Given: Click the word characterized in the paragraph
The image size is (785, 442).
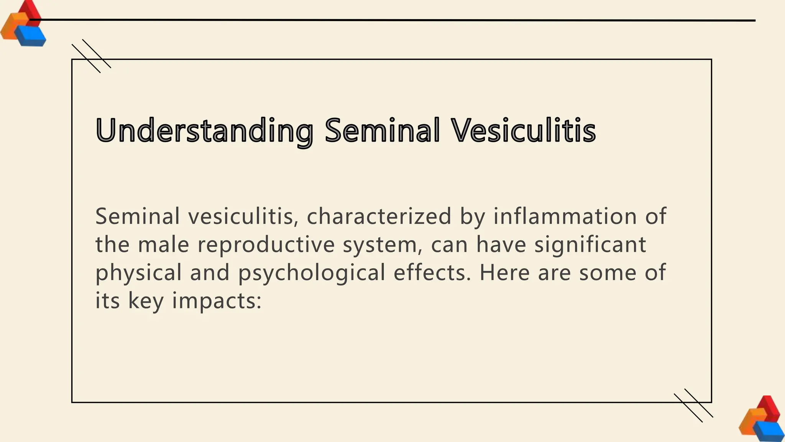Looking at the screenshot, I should pos(379,216).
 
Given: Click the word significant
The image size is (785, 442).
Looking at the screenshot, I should pos(590,244).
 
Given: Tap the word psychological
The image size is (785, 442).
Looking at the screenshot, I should pos(312,273).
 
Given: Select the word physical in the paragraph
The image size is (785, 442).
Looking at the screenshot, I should pos(138,273).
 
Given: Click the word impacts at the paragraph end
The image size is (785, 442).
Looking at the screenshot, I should pos(217,301).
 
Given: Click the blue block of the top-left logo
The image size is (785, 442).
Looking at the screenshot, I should pos(31,36).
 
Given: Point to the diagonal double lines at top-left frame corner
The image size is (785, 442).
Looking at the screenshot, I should pos(91,56).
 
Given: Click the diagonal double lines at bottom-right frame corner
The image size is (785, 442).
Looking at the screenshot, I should pos(693,405).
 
